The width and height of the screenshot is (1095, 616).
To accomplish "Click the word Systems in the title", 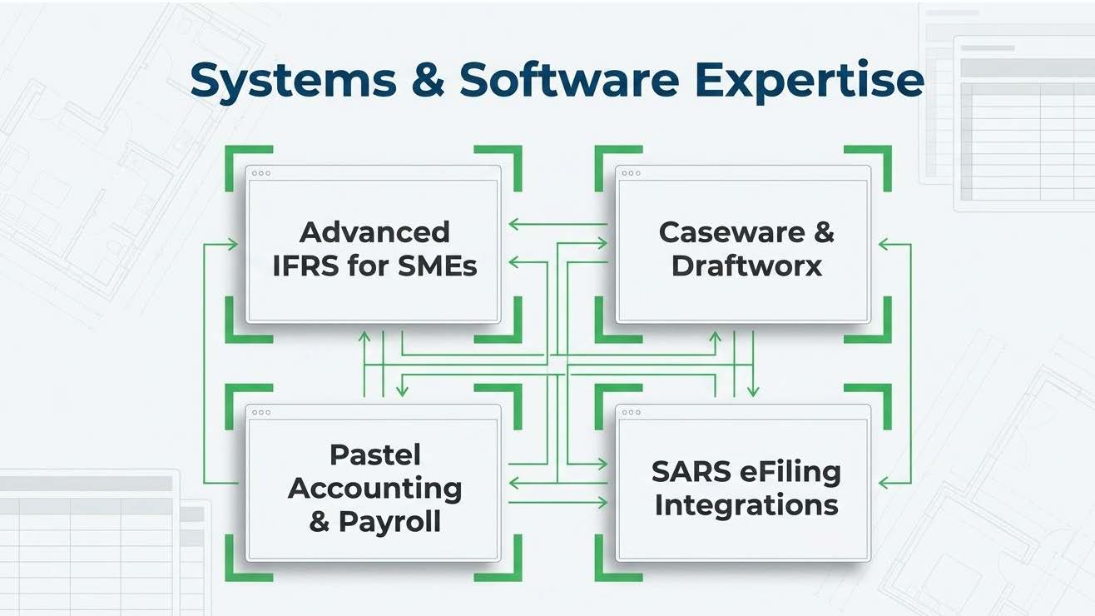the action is (293, 81).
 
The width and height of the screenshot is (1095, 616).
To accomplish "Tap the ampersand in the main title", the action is (428, 79).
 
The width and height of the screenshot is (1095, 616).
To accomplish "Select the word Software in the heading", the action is (569, 79).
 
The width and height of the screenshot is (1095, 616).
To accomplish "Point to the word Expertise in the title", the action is (809, 81).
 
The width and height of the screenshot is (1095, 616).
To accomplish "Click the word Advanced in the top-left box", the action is (374, 232).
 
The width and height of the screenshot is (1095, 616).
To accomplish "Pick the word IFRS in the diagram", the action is (305, 266).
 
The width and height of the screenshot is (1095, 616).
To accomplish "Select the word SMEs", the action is (438, 266).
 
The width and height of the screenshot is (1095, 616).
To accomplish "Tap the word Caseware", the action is (731, 233).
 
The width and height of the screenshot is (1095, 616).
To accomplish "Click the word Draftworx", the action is (746, 266).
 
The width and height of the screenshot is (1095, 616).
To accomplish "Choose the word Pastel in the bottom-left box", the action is (375, 455).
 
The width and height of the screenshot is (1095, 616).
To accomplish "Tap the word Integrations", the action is (746, 505).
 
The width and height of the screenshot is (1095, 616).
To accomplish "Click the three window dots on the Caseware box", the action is (631, 173).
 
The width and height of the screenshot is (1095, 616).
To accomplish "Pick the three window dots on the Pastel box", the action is (261, 412).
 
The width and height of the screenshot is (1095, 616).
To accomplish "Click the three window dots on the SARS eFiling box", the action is (631, 412).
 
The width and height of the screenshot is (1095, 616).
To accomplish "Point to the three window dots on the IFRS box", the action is (261, 173).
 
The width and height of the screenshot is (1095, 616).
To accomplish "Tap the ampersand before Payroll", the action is (320, 522).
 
